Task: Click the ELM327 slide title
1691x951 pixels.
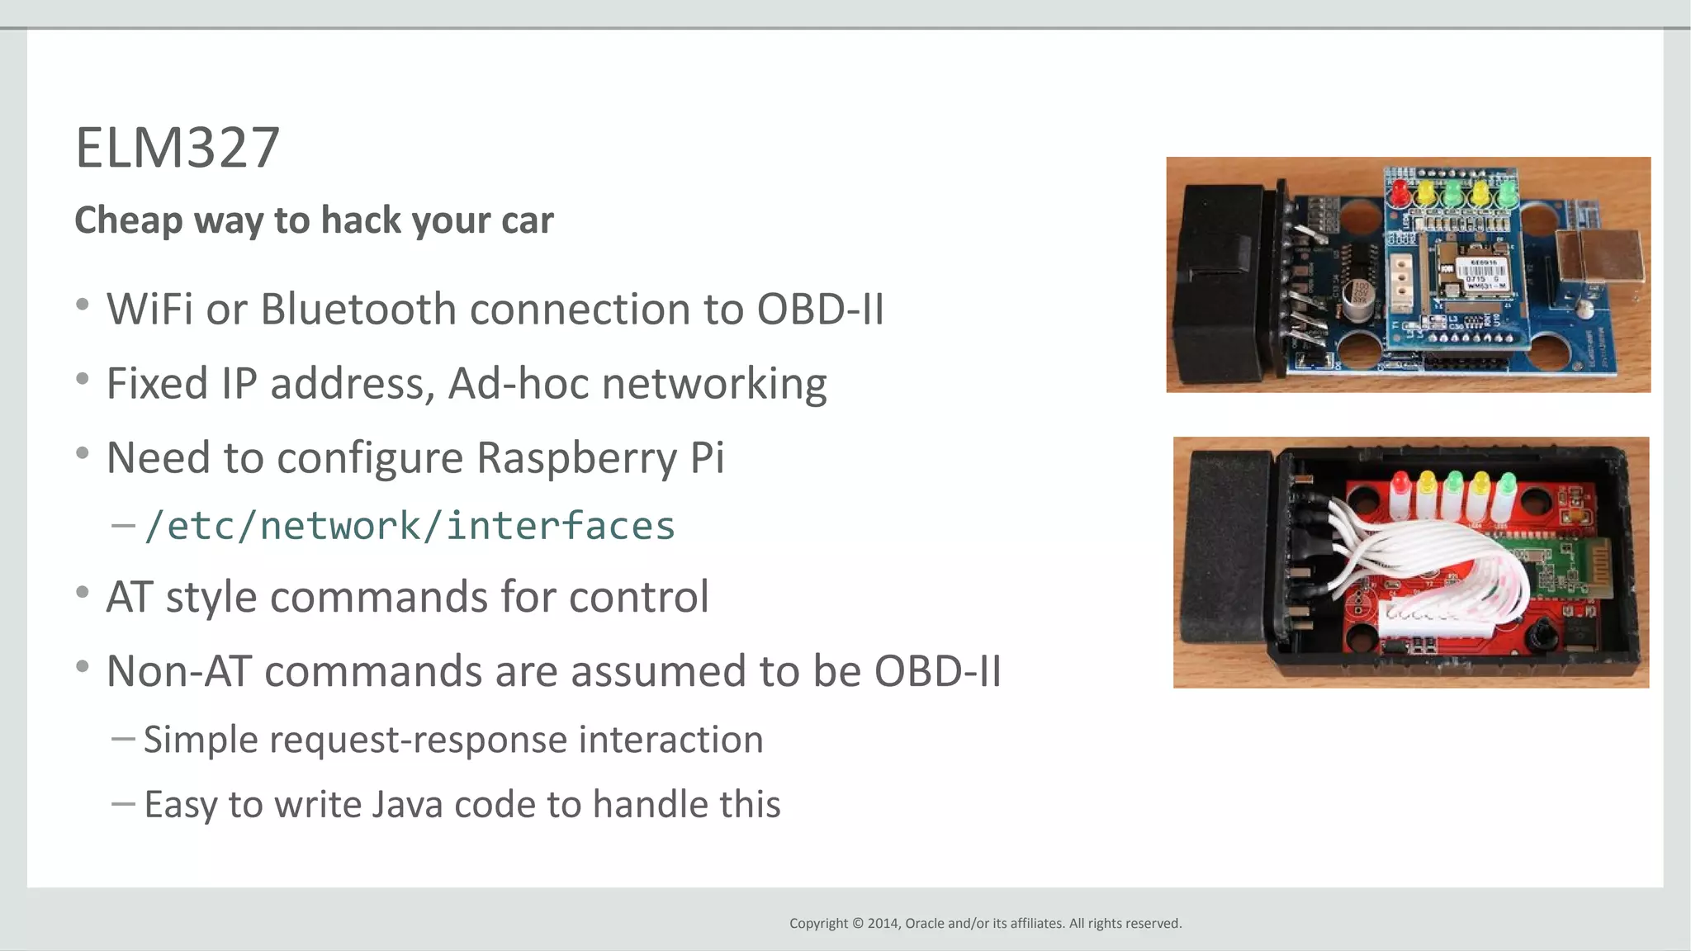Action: pos(178,149)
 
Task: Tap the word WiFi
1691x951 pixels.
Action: pos(149,310)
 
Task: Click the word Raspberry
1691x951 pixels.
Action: pos(576,458)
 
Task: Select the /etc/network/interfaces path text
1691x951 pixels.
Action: pos(410,526)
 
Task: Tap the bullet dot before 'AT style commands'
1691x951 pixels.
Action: pos(82,592)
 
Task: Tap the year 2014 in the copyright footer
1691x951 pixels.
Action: pos(882,923)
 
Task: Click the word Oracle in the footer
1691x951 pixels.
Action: pos(925,923)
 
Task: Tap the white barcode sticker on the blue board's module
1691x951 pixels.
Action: pos(1481,272)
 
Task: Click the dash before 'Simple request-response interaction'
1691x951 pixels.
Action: pos(123,739)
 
